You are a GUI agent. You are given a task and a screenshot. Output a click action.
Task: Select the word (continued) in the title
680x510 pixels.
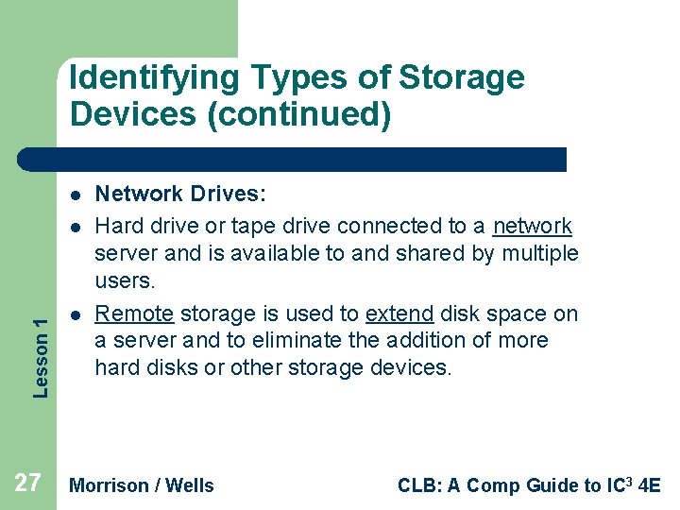coord(297,115)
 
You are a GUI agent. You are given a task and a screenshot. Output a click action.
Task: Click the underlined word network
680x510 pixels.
coord(533,227)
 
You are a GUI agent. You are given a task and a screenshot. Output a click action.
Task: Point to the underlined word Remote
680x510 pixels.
coord(134,314)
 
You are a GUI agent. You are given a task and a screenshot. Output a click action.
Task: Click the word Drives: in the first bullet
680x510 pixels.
coord(228,195)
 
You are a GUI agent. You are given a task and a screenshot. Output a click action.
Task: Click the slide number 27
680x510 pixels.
coord(27,484)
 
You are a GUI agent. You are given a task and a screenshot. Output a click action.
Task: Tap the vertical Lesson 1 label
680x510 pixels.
coord(40,357)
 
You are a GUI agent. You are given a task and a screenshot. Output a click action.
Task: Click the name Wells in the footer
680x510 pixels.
coord(191,485)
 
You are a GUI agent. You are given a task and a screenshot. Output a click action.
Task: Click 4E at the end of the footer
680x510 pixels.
coord(650,485)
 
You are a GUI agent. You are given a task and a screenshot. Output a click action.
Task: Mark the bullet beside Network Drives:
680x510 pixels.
coord(73,195)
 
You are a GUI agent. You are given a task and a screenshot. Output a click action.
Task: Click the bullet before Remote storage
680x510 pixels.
coord(73,314)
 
